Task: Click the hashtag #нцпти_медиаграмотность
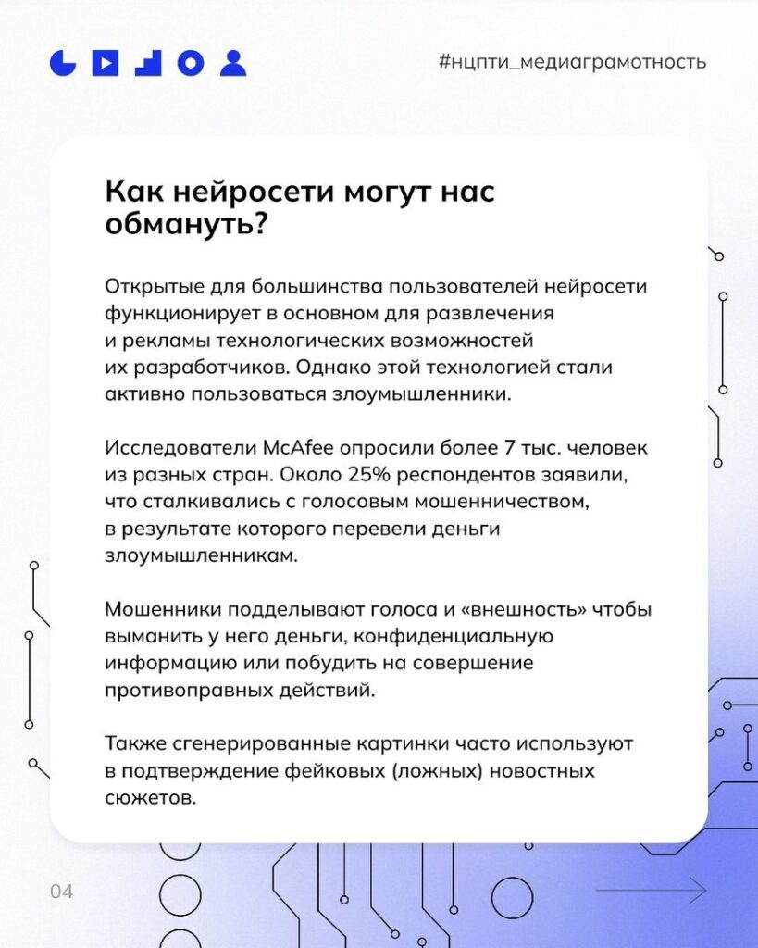(x=572, y=62)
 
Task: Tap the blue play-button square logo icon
(x=106, y=62)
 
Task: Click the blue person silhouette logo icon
(x=232, y=62)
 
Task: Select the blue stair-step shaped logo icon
(x=148, y=62)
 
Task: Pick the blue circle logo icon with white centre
(x=191, y=62)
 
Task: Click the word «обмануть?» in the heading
(x=186, y=225)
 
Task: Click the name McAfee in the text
(x=299, y=447)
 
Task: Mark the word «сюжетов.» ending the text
(x=151, y=798)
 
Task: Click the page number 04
(x=62, y=892)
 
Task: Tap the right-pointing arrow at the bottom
(x=651, y=890)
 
